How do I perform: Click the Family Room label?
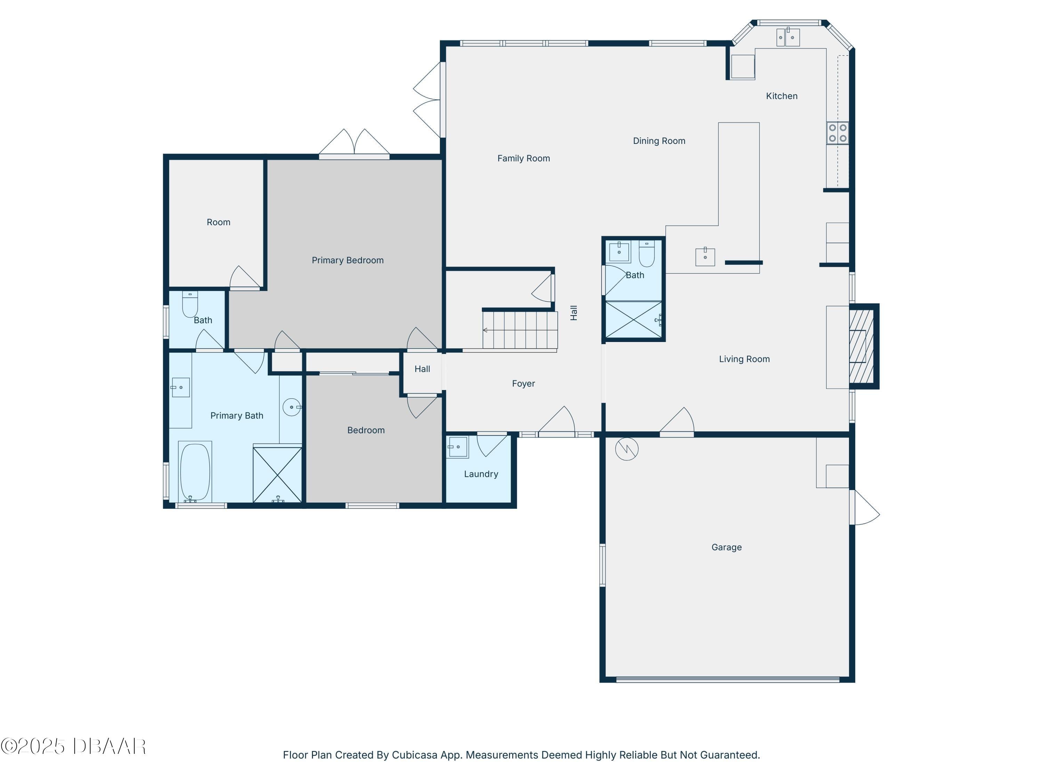523,158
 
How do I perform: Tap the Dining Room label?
659,141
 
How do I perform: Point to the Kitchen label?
781,96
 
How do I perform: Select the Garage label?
726,547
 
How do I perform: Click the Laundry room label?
481,474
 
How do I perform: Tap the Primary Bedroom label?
348,260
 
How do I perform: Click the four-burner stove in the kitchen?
838,133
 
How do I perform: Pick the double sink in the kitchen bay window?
788,37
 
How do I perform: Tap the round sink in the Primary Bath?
292,407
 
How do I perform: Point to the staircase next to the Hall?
520,329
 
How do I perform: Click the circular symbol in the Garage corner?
626,449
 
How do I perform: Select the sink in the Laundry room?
458,447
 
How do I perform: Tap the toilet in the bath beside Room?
190,304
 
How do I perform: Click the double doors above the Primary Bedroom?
354,142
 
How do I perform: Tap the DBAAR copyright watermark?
73,746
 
